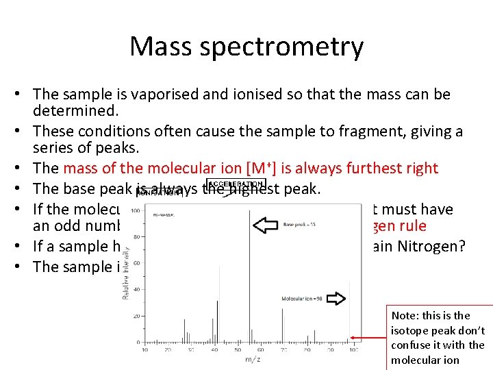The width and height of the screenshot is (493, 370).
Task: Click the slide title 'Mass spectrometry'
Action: (x=246, y=47)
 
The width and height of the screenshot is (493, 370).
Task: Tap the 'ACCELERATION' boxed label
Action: (x=236, y=184)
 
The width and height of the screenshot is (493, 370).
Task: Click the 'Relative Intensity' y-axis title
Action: (x=126, y=274)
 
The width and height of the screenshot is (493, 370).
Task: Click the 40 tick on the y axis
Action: (x=137, y=289)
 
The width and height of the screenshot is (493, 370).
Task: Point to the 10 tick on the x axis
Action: (x=144, y=349)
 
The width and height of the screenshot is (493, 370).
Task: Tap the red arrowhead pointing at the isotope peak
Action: (x=353, y=338)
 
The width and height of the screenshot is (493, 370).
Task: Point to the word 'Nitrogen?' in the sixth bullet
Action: (x=432, y=246)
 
